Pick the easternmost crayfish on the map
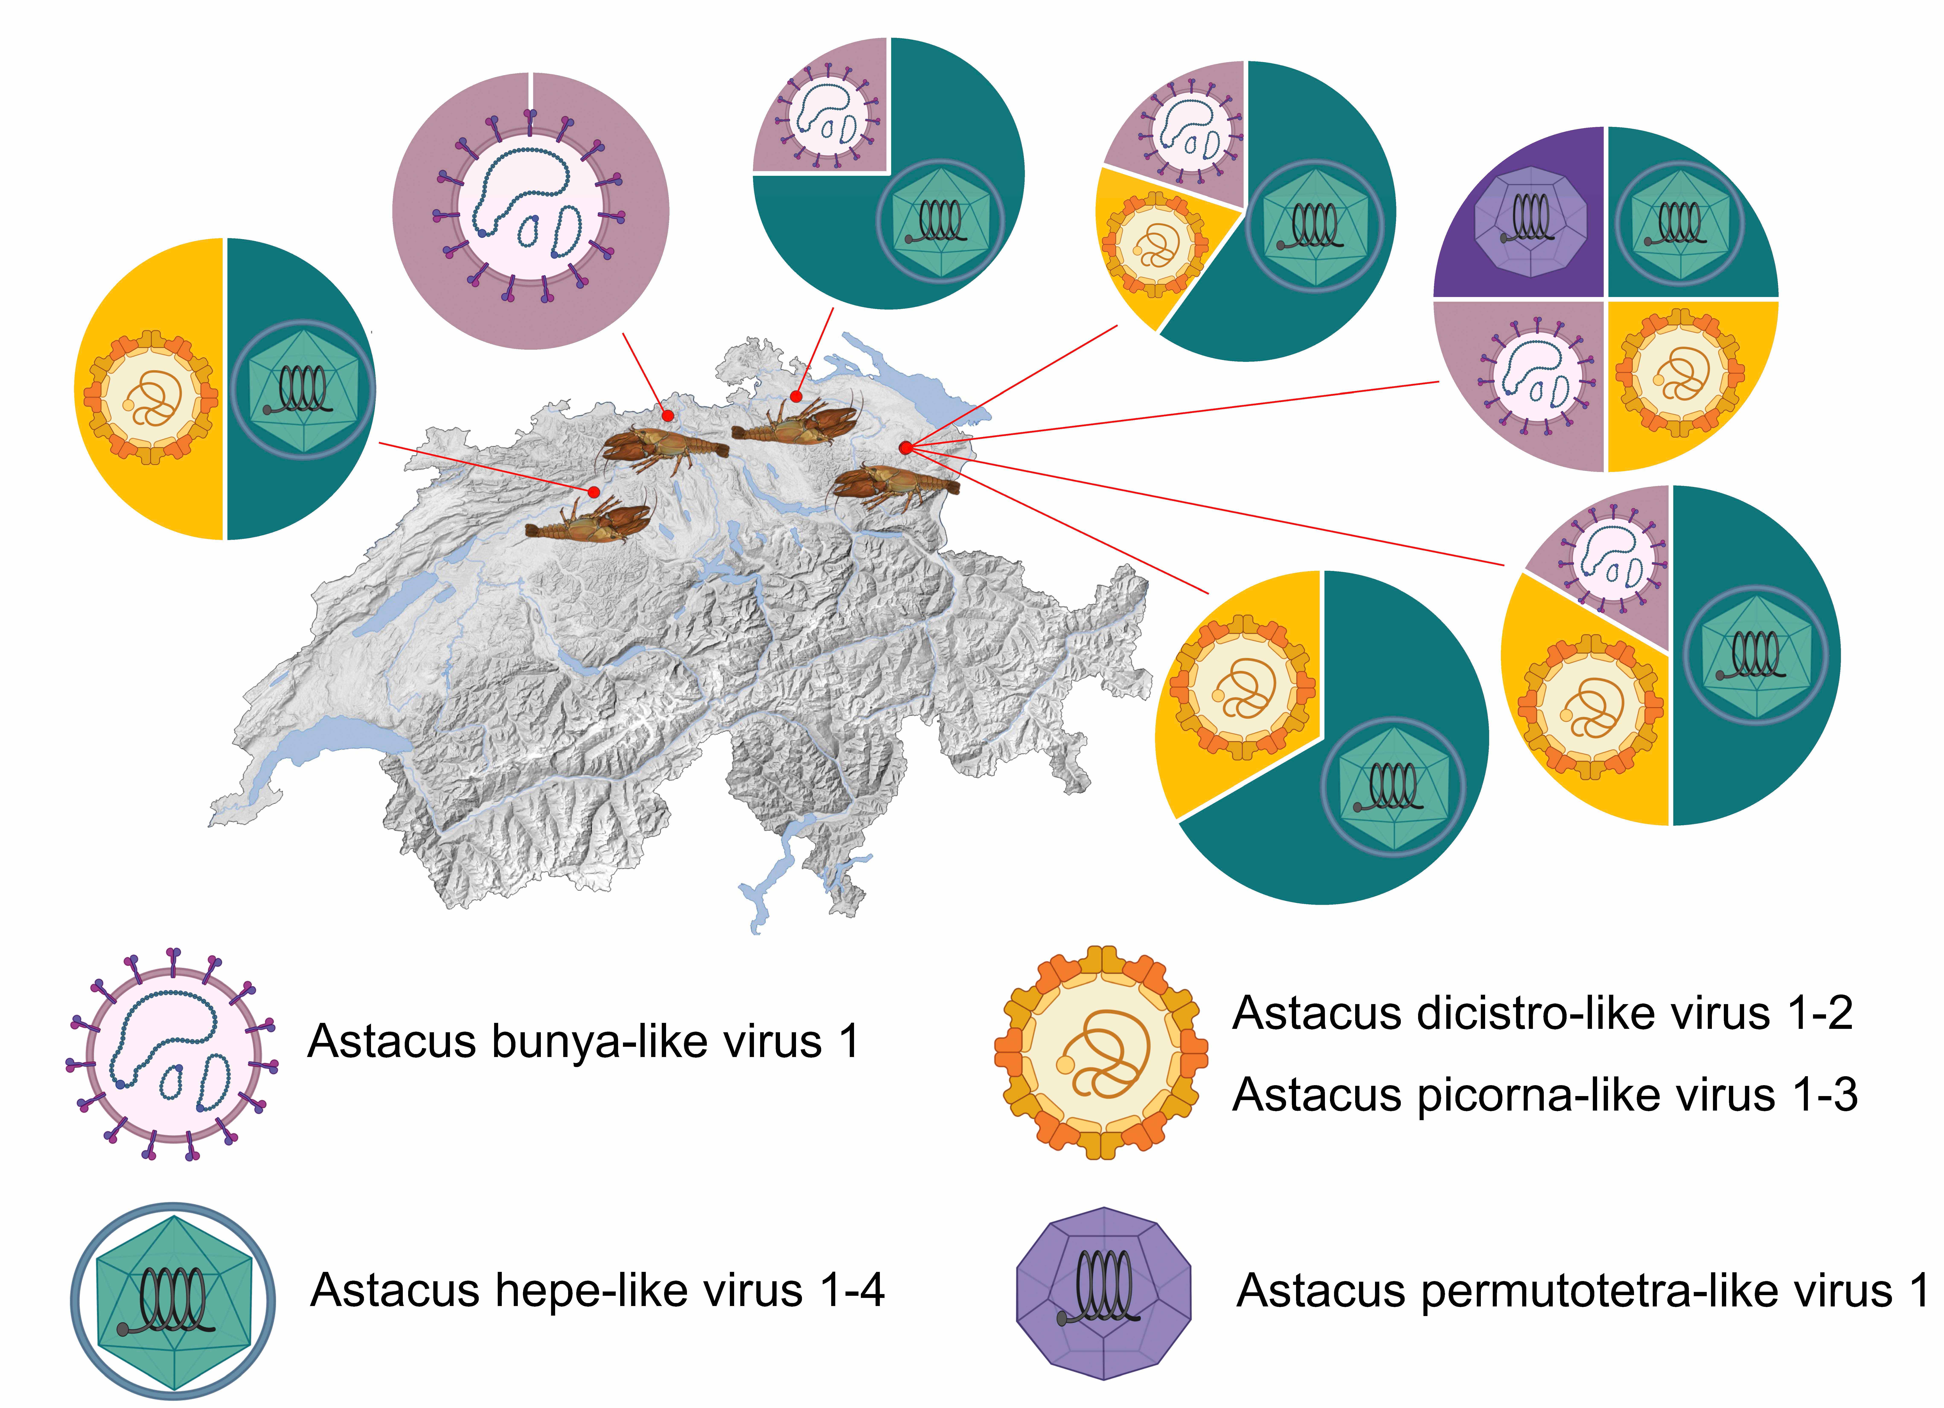click(896, 486)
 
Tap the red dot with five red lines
click(906, 447)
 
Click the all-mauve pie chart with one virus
click(531, 211)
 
